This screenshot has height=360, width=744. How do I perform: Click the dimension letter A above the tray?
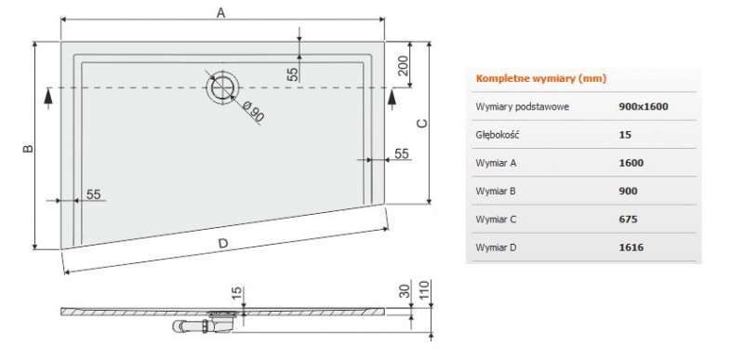coord(220,12)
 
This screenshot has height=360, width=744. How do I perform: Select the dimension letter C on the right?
coord(421,123)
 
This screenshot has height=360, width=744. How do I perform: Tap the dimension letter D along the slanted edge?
coord(222,244)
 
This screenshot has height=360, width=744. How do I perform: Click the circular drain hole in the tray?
coord(221,87)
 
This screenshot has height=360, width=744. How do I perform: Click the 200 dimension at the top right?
coord(403,66)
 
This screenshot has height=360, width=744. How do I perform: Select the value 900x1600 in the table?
coord(644,106)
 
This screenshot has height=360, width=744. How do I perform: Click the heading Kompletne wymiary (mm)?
coord(528,78)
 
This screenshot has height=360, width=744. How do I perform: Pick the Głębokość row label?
coord(497,134)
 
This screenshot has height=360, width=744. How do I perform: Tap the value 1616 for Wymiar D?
coord(631,247)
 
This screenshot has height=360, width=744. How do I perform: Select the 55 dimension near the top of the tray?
coord(292,73)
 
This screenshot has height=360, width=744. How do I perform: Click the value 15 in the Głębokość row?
coord(624,134)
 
